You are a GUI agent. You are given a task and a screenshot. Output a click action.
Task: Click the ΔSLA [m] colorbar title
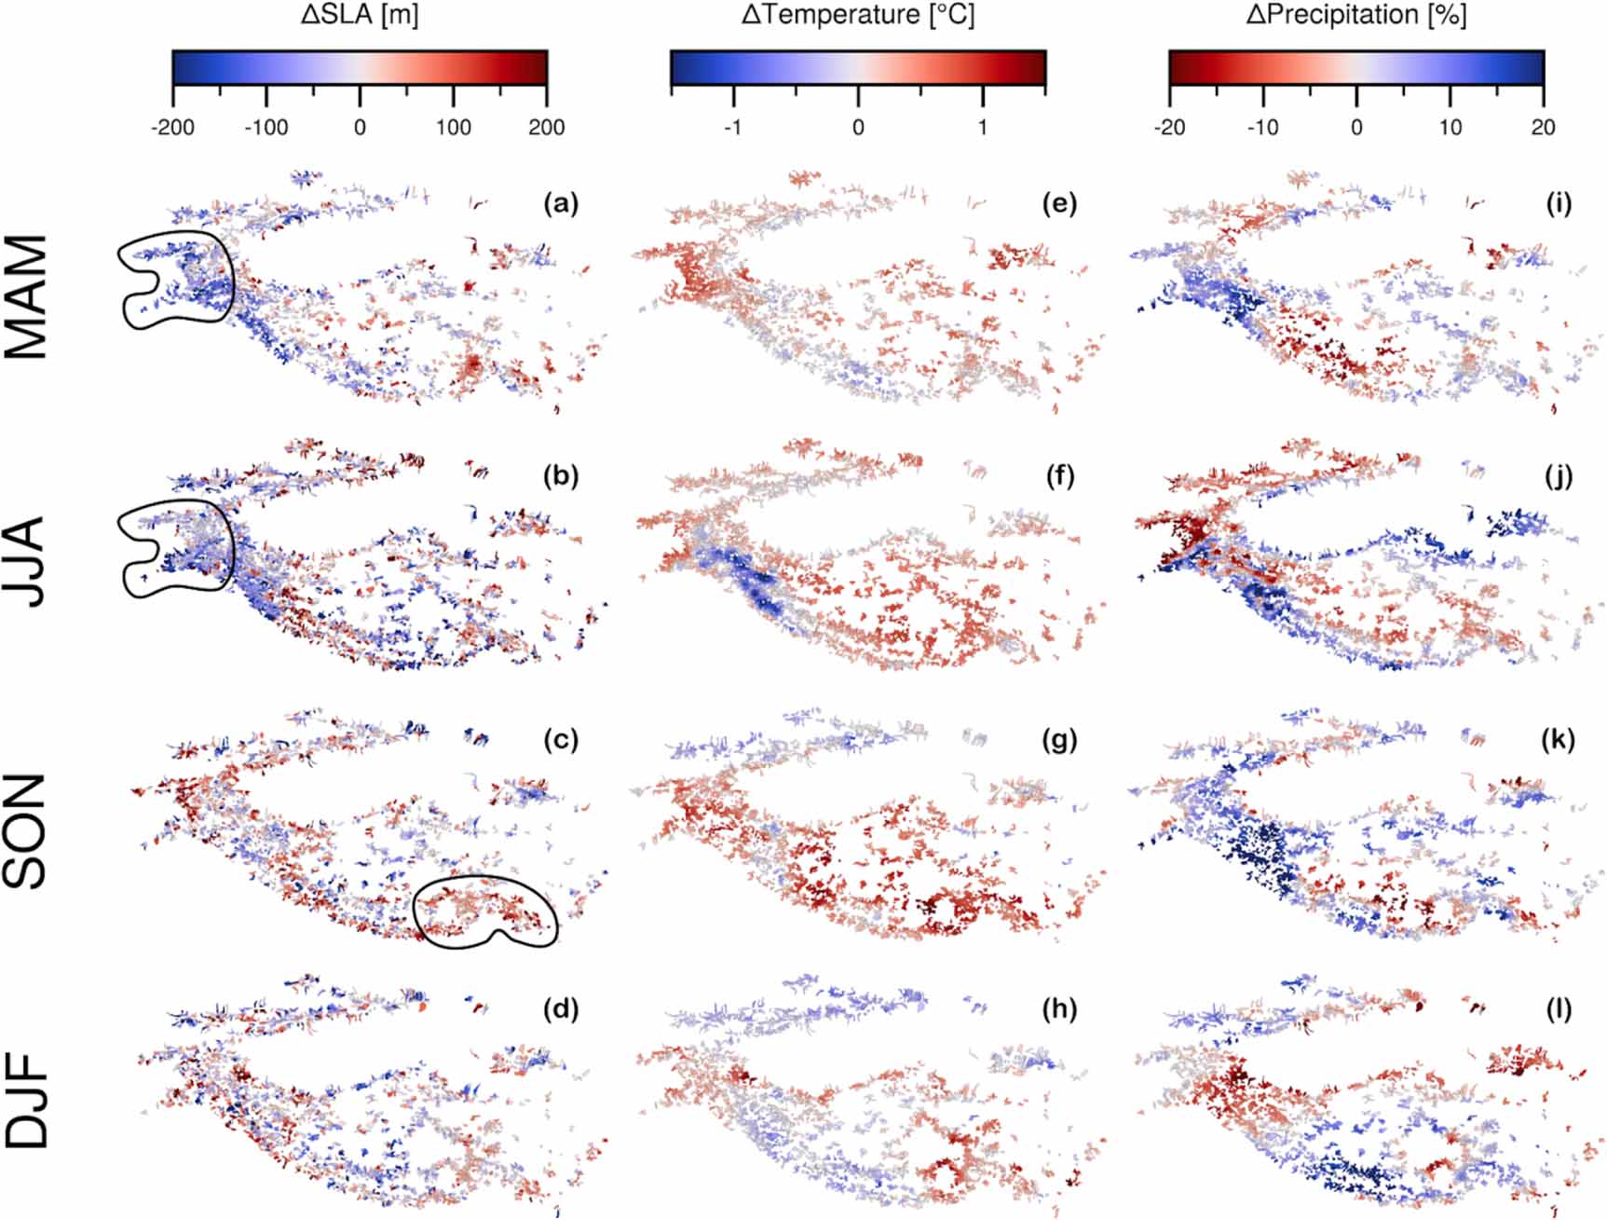(360, 15)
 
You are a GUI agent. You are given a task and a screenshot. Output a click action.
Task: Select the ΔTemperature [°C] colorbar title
(858, 15)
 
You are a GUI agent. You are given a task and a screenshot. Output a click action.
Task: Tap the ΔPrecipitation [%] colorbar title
(1356, 15)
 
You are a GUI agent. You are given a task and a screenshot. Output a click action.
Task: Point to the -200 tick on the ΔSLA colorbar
(173, 127)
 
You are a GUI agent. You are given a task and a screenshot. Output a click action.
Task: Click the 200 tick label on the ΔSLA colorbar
(546, 127)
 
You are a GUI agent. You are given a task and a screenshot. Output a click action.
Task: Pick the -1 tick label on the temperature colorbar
(733, 127)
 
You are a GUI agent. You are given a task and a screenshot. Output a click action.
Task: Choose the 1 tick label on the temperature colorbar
(983, 127)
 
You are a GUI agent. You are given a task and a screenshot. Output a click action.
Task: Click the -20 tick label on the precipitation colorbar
(1169, 127)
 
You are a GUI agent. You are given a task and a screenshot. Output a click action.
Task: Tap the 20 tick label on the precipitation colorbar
(1544, 127)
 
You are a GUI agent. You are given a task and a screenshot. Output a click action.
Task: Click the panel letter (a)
(561, 203)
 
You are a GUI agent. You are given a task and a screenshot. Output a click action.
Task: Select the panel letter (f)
(1059, 476)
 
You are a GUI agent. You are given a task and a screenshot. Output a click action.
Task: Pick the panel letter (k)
(1558, 740)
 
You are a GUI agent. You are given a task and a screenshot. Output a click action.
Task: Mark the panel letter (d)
(561, 1009)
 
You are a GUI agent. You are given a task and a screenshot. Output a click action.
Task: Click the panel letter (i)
(1558, 203)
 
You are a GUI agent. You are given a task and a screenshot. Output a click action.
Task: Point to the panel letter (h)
(1059, 1009)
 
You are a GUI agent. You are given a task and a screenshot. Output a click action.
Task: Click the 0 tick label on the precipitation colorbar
(1356, 127)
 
